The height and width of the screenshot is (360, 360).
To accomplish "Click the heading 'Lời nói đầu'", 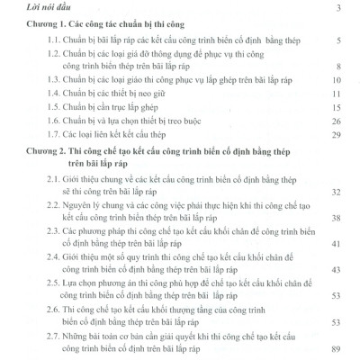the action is (x=51, y=9).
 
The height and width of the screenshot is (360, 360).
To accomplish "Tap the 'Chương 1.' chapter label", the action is (x=48, y=25).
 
